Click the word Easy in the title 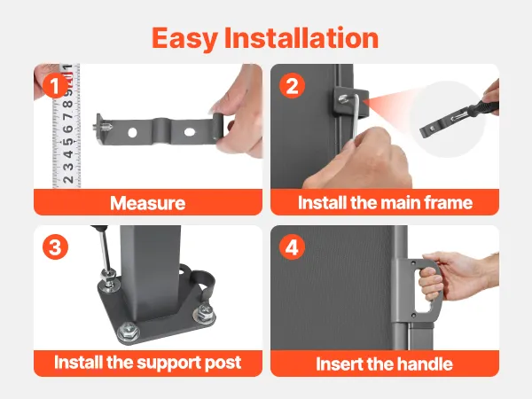point(184,39)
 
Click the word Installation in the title point(301,37)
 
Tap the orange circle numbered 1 point(55,85)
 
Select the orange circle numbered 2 point(292,85)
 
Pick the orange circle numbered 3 point(55,246)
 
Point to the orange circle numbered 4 point(292,246)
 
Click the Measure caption point(147,203)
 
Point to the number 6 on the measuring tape point(68,129)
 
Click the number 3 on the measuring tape point(68,167)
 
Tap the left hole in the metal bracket point(132,133)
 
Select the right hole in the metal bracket point(190,132)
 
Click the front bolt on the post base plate point(128,330)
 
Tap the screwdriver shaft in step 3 point(106,249)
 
